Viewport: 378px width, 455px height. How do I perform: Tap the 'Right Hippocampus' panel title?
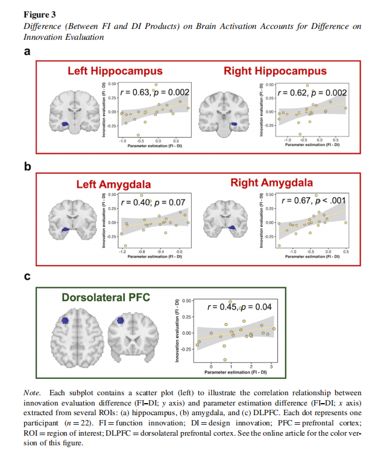tap(275, 71)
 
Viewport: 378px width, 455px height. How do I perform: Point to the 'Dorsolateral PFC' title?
tap(106, 297)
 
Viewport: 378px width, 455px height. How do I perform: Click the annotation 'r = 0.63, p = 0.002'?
tap(156, 92)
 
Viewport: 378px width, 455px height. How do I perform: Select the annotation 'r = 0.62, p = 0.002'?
tap(310, 92)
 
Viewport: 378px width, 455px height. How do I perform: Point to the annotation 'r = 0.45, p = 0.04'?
tap(239, 307)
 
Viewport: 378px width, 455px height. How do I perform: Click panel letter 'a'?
tap(27, 51)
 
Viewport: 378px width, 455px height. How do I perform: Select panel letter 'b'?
tap(27, 167)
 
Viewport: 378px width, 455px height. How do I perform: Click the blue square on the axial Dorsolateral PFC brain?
tap(66, 321)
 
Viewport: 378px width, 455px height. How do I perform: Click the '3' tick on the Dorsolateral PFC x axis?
tap(271, 366)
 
